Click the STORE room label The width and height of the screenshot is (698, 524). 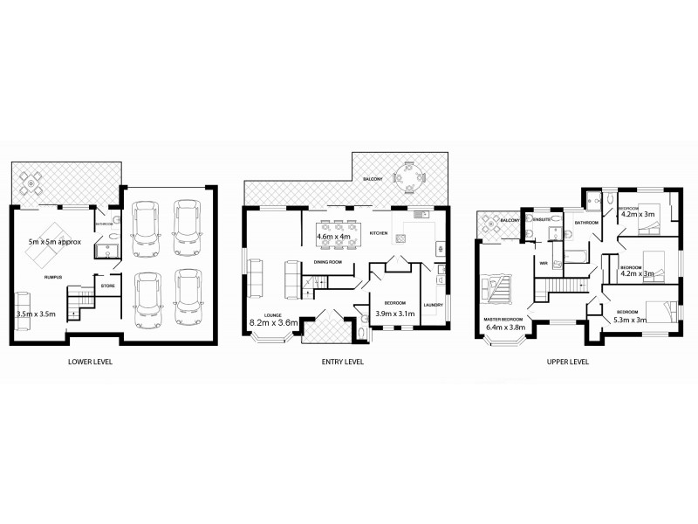(108, 285)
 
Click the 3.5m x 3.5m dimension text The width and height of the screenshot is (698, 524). (36, 312)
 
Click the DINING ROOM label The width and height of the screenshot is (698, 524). (328, 262)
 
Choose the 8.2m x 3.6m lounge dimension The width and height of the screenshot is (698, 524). (275, 322)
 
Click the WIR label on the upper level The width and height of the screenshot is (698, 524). (543, 262)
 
